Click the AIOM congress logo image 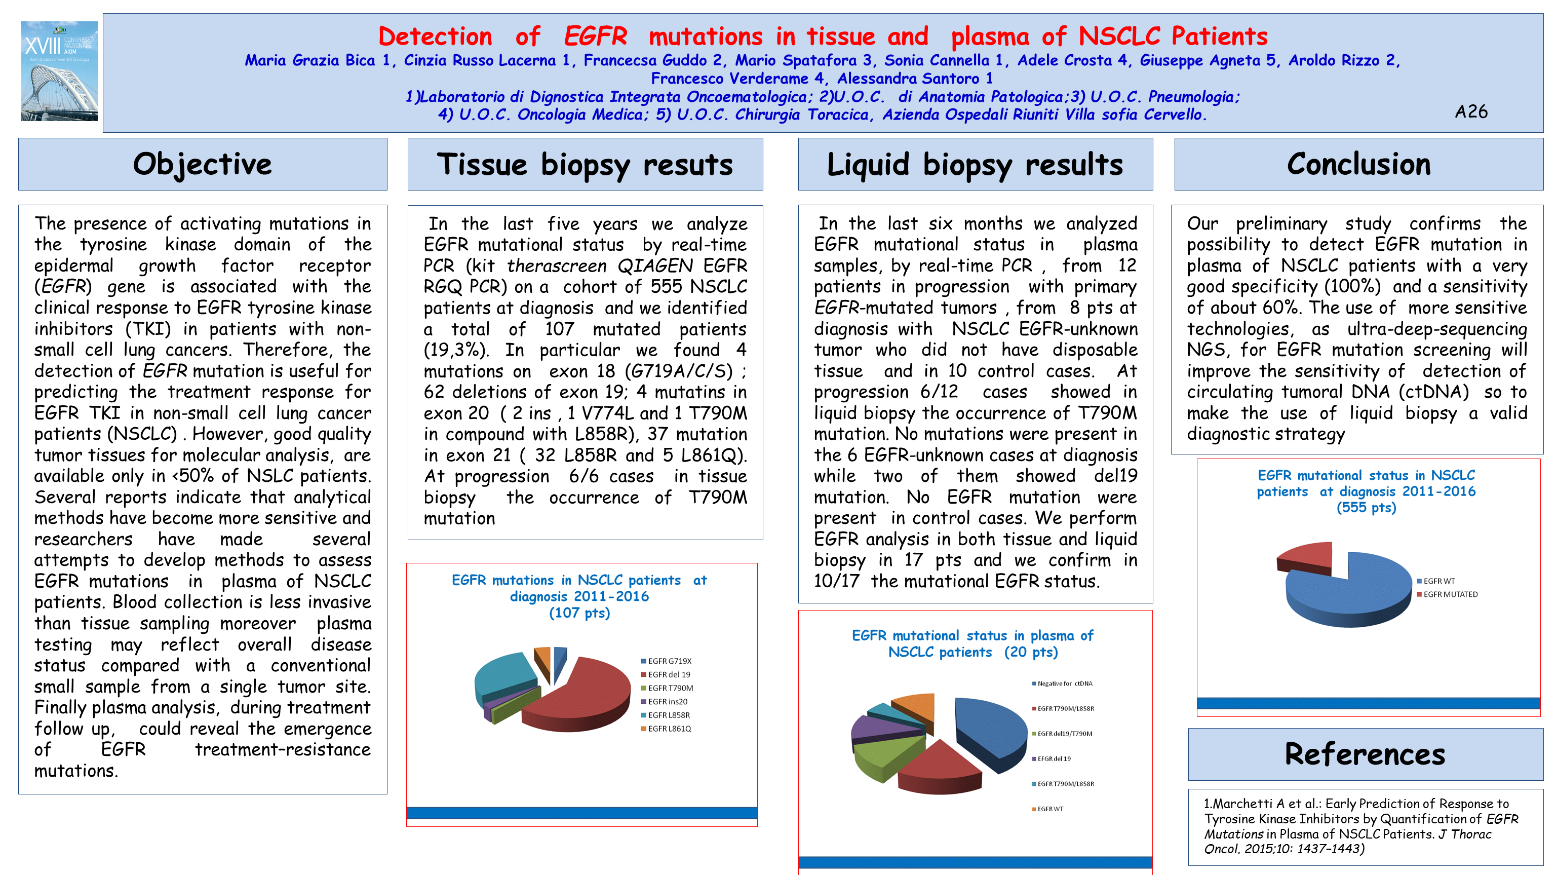click(x=59, y=71)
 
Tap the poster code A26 click(x=1471, y=112)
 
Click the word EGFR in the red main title click(x=596, y=36)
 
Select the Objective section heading click(x=203, y=164)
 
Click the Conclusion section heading click(x=1358, y=164)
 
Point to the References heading click(x=1365, y=754)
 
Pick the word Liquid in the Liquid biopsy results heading click(x=867, y=165)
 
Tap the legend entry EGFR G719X click(x=669, y=661)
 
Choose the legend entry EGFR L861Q click(x=669, y=729)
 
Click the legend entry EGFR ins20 click(x=668, y=702)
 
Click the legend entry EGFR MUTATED click(x=1450, y=595)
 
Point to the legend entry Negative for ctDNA click(x=1064, y=684)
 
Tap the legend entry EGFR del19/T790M click(x=1064, y=734)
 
